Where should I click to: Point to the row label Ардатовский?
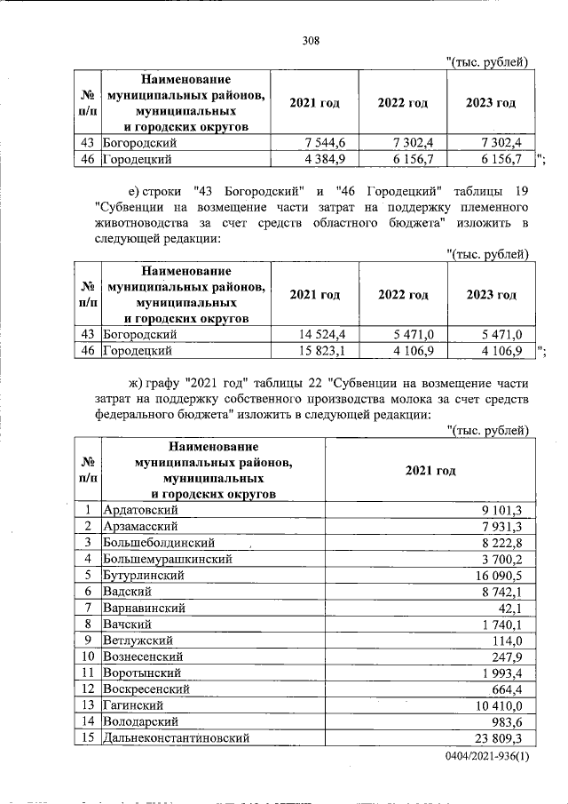141,510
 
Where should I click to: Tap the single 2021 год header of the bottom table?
430,470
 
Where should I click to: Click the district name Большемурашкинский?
168,560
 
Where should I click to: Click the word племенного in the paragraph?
488,206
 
